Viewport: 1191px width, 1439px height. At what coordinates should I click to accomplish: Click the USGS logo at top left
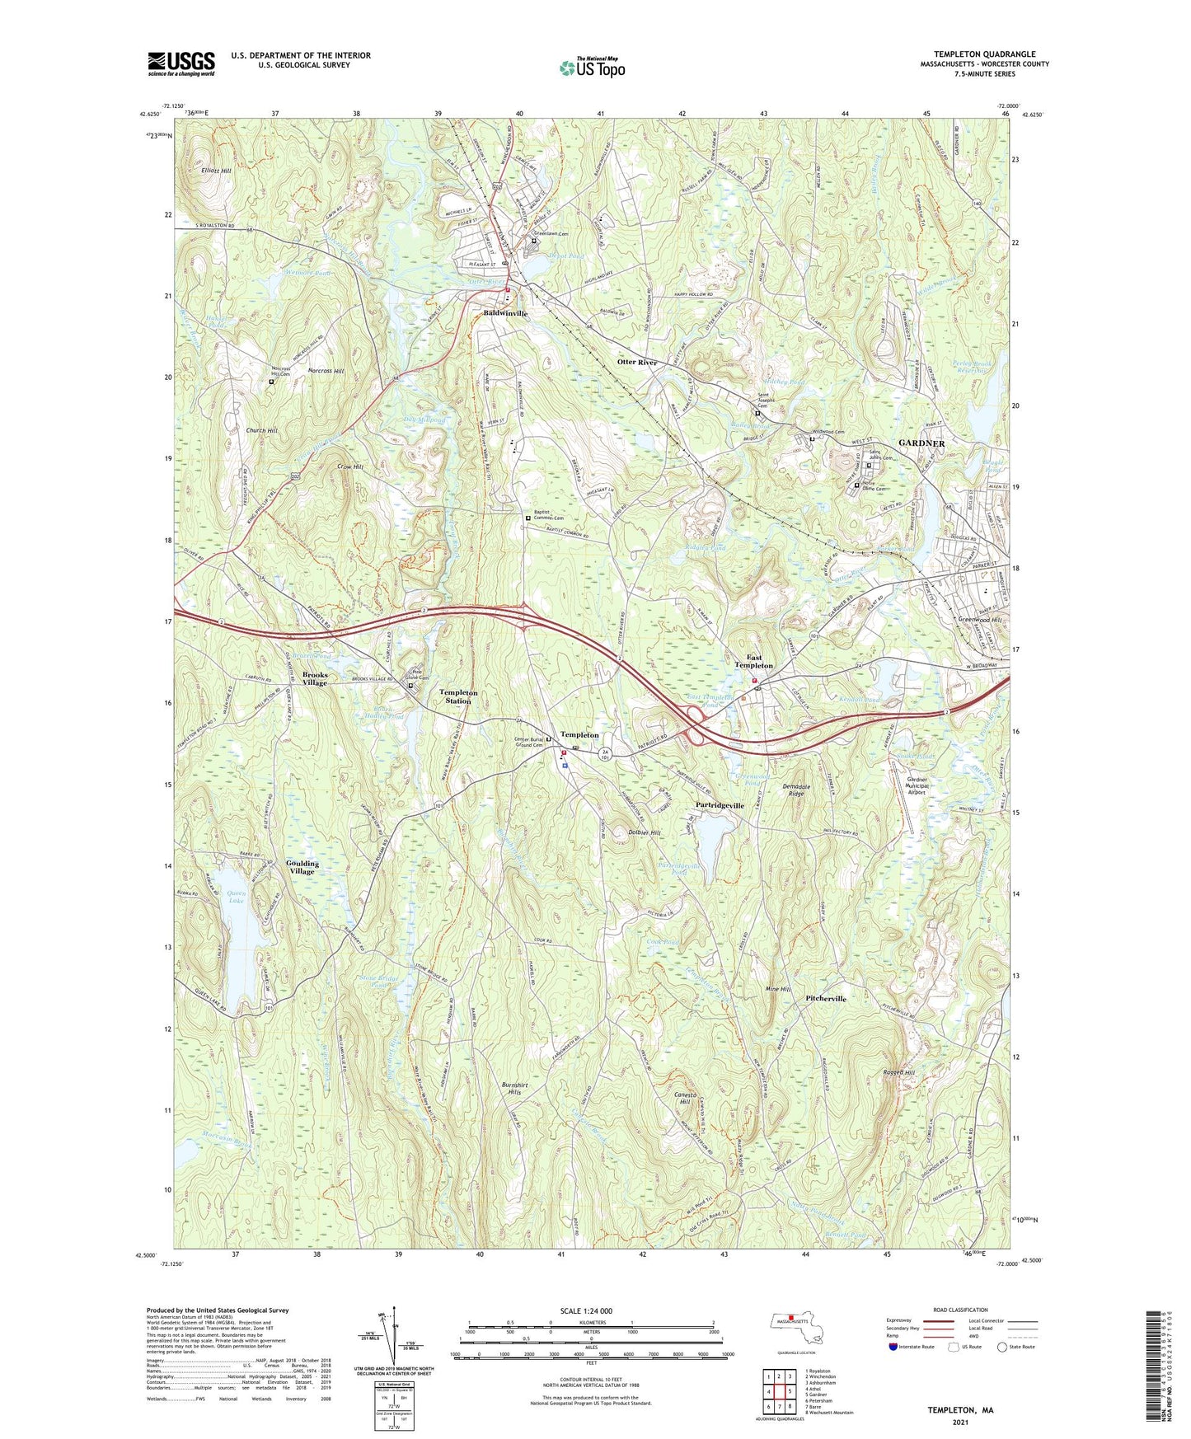(181, 63)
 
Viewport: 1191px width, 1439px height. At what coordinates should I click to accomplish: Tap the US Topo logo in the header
(592, 68)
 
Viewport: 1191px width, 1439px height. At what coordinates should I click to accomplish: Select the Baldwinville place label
(505, 314)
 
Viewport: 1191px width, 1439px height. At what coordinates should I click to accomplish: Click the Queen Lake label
(236, 898)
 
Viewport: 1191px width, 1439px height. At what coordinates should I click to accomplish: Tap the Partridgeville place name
(720, 805)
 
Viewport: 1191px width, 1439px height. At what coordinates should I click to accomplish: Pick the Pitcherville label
(825, 998)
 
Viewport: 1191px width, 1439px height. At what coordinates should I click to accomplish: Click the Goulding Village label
(302, 867)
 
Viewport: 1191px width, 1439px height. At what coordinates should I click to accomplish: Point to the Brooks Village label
(314, 678)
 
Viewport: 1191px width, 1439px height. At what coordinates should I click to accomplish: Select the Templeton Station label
(458, 696)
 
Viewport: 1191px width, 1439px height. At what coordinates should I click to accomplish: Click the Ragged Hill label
(898, 1073)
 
